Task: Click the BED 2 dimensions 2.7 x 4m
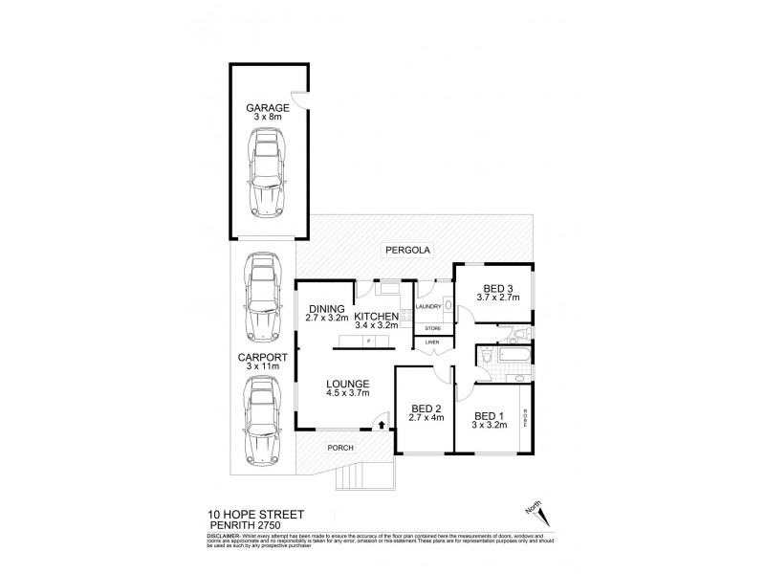[426, 418]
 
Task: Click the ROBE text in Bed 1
[524, 417]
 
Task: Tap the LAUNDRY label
[427, 306]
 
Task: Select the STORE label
[432, 329]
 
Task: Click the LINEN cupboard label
[432, 342]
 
